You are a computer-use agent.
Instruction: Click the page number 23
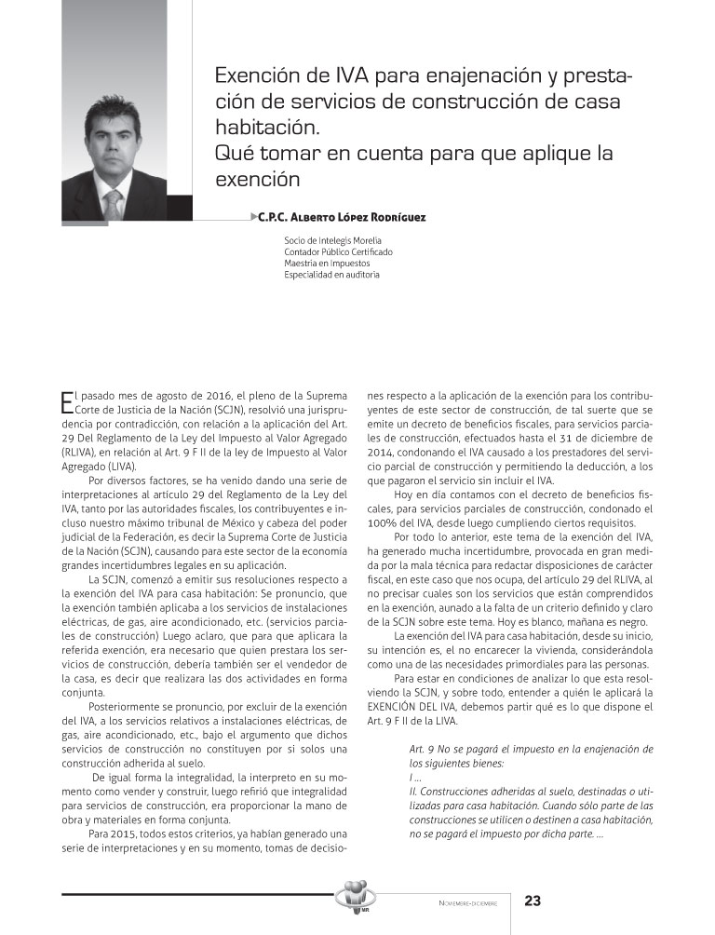coord(533,901)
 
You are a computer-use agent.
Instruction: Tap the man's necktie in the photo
coord(113,202)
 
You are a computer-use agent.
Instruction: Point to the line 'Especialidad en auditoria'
coord(331,274)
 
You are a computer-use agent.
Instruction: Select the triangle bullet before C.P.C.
coord(254,217)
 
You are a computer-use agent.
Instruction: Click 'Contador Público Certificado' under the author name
coord(338,251)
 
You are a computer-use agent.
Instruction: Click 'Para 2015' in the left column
coord(113,834)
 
